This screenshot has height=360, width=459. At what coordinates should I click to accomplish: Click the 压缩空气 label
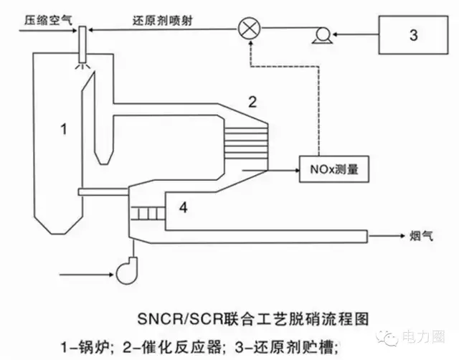(x=48, y=20)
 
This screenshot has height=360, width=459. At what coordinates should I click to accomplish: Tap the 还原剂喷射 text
(x=163, y=21)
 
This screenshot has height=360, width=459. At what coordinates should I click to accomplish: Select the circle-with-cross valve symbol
(x=249, y=29)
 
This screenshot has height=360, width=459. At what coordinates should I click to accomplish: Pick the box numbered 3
(x=413, y=35)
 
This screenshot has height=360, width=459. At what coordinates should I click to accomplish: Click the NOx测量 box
(x=334, y=169)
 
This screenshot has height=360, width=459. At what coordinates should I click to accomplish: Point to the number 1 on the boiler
(x=64, y=129)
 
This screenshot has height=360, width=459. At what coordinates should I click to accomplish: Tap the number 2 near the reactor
(x=252, y=102)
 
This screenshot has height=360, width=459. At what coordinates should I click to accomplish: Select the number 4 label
(x=184, y=207)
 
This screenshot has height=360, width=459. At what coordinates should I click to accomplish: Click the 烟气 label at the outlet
(x=421, y=236)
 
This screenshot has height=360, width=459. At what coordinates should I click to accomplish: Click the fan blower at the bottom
(x=126, y=270)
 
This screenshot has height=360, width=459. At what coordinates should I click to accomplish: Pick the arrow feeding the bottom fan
(x=86, y=275)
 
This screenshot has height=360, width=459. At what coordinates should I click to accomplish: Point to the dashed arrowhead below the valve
(x=250, y=44)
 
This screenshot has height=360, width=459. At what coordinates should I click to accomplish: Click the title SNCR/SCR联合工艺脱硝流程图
(x=253, y=318)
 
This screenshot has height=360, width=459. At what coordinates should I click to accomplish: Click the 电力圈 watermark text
(x=423, y=336)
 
